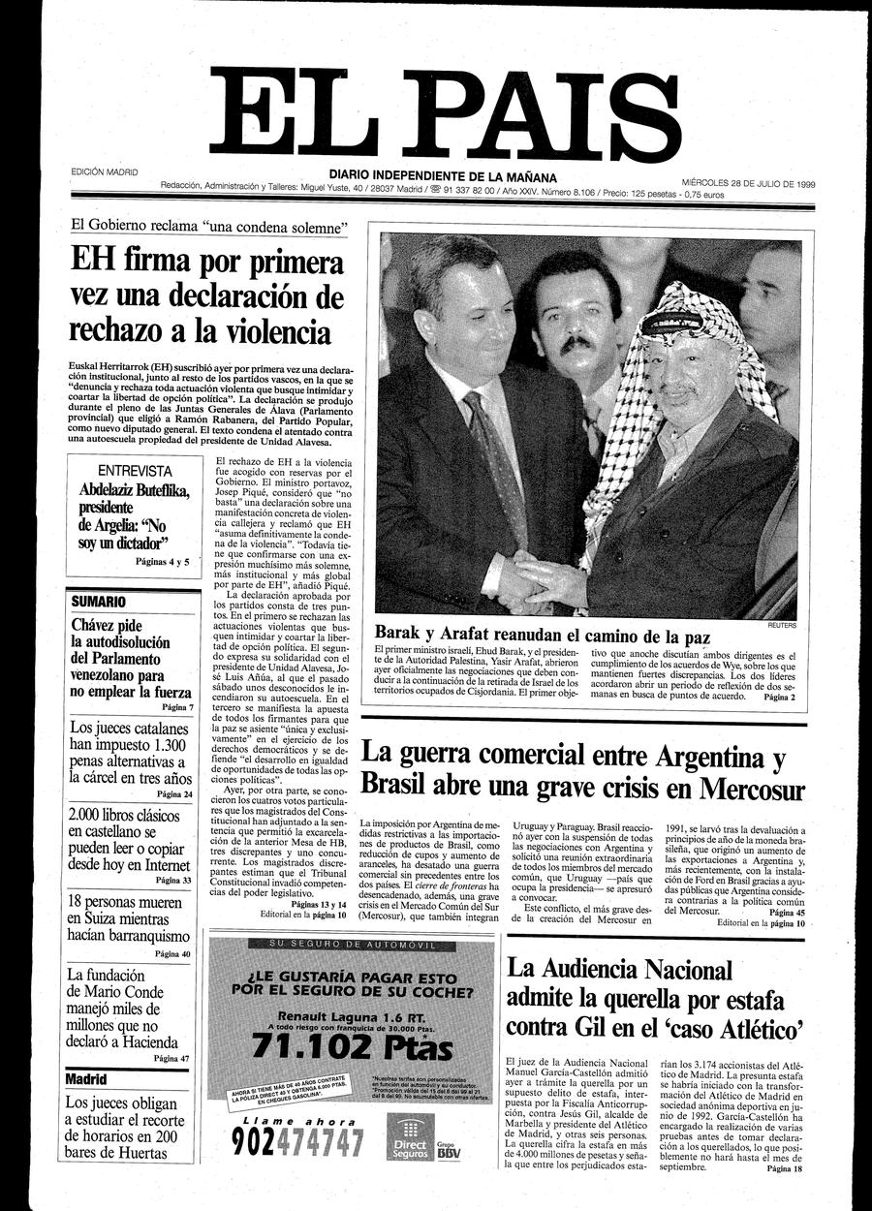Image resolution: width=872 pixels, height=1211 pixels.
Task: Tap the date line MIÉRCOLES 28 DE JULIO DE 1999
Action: [747, 181]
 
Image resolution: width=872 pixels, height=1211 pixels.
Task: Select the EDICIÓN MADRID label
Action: [105, 172]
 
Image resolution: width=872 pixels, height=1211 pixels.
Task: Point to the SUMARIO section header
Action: [98, 602]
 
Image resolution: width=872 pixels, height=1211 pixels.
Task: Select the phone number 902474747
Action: [297, 1143]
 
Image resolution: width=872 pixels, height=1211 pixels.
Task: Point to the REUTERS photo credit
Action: [782, 626]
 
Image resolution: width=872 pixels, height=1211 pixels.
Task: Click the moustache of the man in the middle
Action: [577, 344]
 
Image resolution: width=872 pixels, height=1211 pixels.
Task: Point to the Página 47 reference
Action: [171, 1059]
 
